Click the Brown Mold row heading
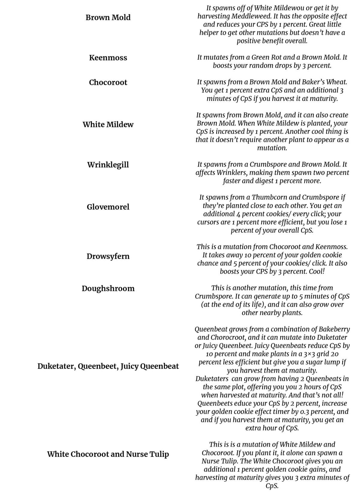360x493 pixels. click(x=108, y=17)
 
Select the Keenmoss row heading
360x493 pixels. click(x=108, y=58)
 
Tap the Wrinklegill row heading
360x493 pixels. click(x=108, y=165)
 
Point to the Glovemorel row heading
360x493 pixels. click(x=108, y=207)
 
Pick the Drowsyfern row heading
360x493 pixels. click(x=108, y=256)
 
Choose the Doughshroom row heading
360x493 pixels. click(x=108, y=288)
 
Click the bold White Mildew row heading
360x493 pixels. click(x=108, y=124)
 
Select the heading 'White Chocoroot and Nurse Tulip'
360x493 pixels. click(x=108, y=454)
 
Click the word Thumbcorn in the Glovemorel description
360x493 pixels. click(x=268, y=197)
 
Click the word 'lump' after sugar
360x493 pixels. click(x=318, y=362)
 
